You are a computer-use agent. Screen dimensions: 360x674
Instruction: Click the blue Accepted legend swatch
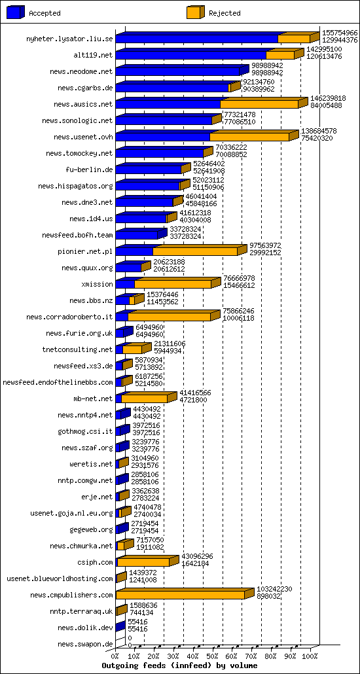coord(16,13)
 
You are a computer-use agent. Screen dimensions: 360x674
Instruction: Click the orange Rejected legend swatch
coord(196,13)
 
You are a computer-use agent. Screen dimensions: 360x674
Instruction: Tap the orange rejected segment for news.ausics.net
coord(259,104)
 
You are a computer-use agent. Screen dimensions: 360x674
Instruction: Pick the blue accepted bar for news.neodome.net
coord(177,71)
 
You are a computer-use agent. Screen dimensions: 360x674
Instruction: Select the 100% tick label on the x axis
coord(310,656)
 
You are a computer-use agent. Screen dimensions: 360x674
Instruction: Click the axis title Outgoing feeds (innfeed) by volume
coord(180,665)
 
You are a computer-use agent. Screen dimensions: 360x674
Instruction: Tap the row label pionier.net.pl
coord(86,251)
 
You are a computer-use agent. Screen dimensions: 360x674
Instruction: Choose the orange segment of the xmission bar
coord(173,284)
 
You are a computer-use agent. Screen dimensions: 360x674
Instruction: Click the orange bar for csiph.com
coord(143,562)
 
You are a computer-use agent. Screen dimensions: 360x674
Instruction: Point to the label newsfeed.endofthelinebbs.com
coord(58,382)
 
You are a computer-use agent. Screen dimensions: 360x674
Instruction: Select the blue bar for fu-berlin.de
coord(149,169)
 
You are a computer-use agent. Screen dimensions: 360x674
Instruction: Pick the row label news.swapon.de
coord(86,644)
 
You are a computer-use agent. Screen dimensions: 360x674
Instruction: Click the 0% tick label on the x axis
coord(115,656)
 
